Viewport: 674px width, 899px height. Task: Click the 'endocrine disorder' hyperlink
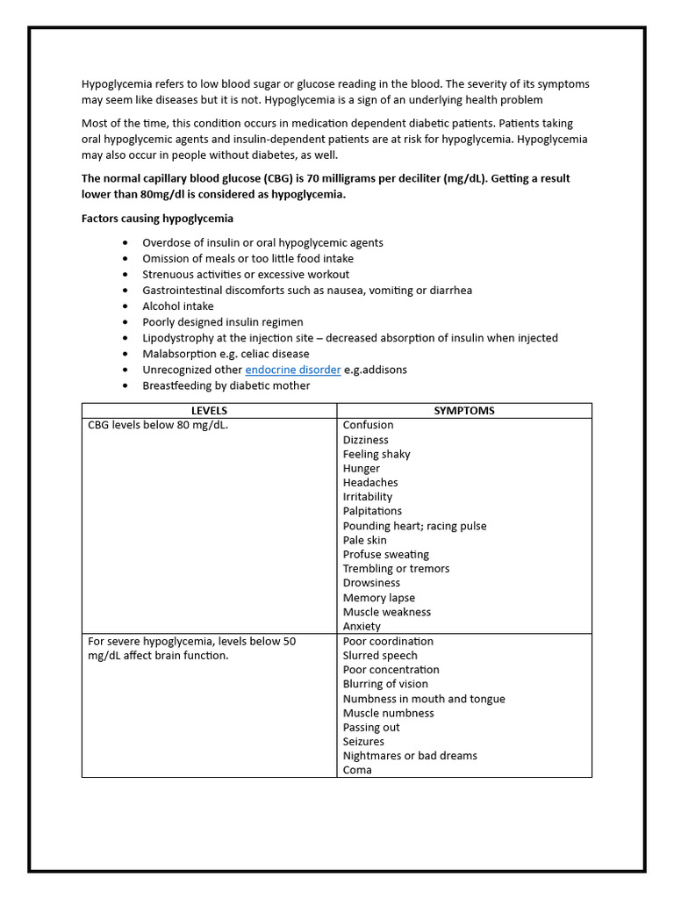[x=292, y=370]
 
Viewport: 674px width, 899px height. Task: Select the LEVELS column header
[x=209, y=411]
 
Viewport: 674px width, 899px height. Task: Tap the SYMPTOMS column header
[x=463, y=411]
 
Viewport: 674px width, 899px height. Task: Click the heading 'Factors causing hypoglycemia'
[x=157, y=218]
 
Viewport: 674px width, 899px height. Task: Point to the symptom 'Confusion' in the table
[x=368, y=425]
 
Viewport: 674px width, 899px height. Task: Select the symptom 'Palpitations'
[x=372, y=511]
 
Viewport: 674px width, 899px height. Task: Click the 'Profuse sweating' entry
[x=385, y=554]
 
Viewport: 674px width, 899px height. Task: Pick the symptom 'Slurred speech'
[x=380, y=655]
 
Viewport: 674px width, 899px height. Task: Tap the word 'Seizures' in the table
[x=363, y=741]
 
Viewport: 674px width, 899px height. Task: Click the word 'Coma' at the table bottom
[x=357, y=770]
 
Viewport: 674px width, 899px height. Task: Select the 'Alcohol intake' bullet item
[x=177, y=306]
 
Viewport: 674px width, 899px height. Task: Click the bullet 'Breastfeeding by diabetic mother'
[x=226, y=385]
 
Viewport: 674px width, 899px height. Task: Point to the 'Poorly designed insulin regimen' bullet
[x=222, y=322]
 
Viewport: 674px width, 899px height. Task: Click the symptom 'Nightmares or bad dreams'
[x=410, y=755]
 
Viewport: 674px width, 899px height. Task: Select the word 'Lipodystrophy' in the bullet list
[x=179, y=338]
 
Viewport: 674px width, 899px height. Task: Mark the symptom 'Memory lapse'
[x=378, y=597]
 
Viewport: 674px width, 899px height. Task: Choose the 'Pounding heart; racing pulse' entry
[x=414, y=526]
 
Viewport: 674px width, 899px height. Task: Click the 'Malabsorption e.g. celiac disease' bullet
[x=226, y=354]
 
